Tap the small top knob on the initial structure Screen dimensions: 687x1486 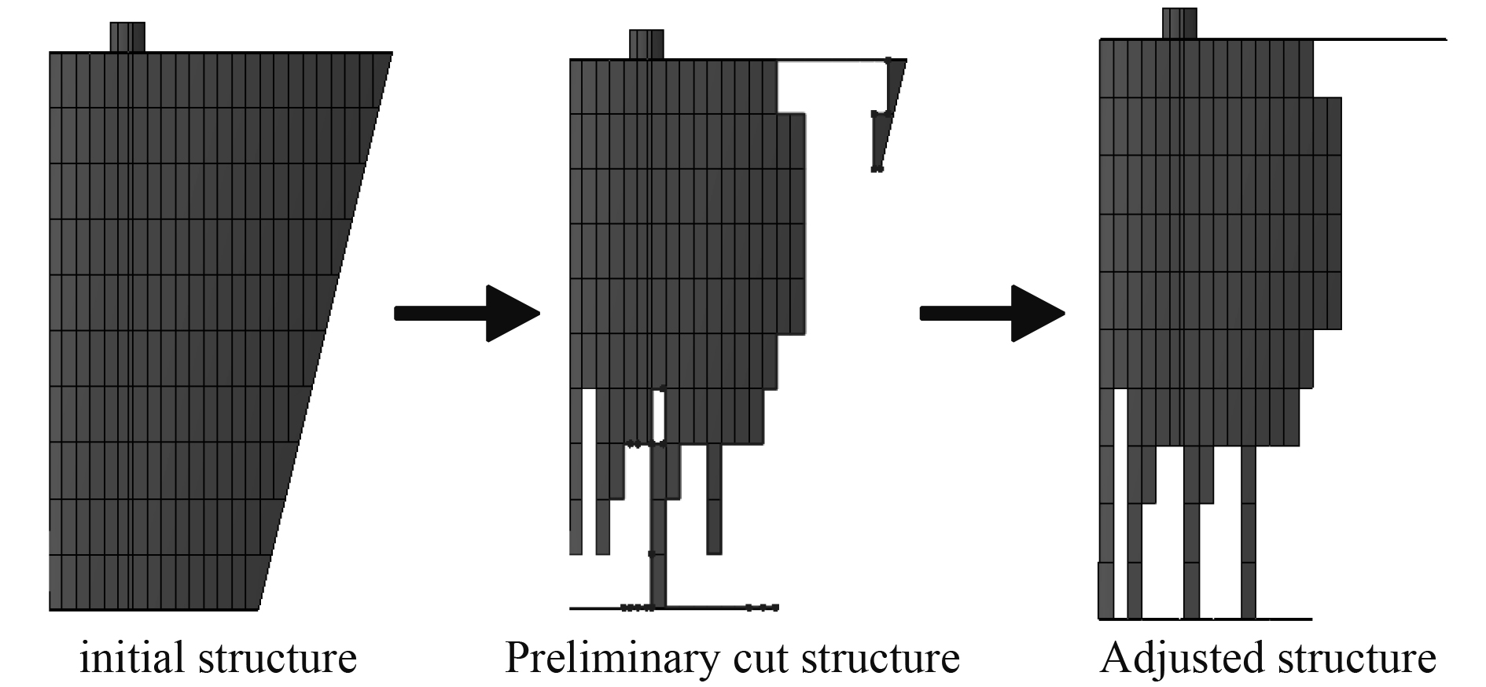pos(127,37)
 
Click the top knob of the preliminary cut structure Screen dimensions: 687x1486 pos(646,44)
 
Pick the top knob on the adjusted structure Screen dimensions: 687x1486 pos(1179,23)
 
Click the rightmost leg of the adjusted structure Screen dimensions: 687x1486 pos(1249,535)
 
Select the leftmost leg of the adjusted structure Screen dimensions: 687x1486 pos(1106,535)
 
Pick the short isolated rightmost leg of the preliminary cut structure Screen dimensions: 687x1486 pos(714,499)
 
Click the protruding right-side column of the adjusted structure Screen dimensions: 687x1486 pos(1327,212)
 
